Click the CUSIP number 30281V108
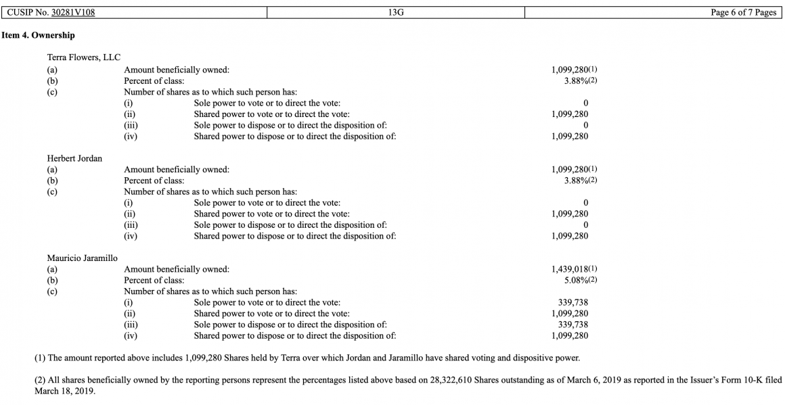(73, 13)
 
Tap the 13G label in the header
(396, 13)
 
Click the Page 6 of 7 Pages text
(743, 13)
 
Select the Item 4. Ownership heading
(38, 35)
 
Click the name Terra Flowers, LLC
(83, 57)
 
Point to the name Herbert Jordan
(74, 158)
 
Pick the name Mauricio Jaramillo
(82, 258)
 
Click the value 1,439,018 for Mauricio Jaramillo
(570, 269)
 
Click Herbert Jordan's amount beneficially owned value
(570, 169)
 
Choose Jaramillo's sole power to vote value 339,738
(573, 303)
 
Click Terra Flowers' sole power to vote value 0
(585, 103)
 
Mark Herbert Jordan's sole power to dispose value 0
(585, 224)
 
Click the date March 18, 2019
(65, 391)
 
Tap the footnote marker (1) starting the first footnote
(40, 358)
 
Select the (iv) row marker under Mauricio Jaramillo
(130, 335)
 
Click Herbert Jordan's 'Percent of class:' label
(154, 181)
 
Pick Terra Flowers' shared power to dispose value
(570, 136)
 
